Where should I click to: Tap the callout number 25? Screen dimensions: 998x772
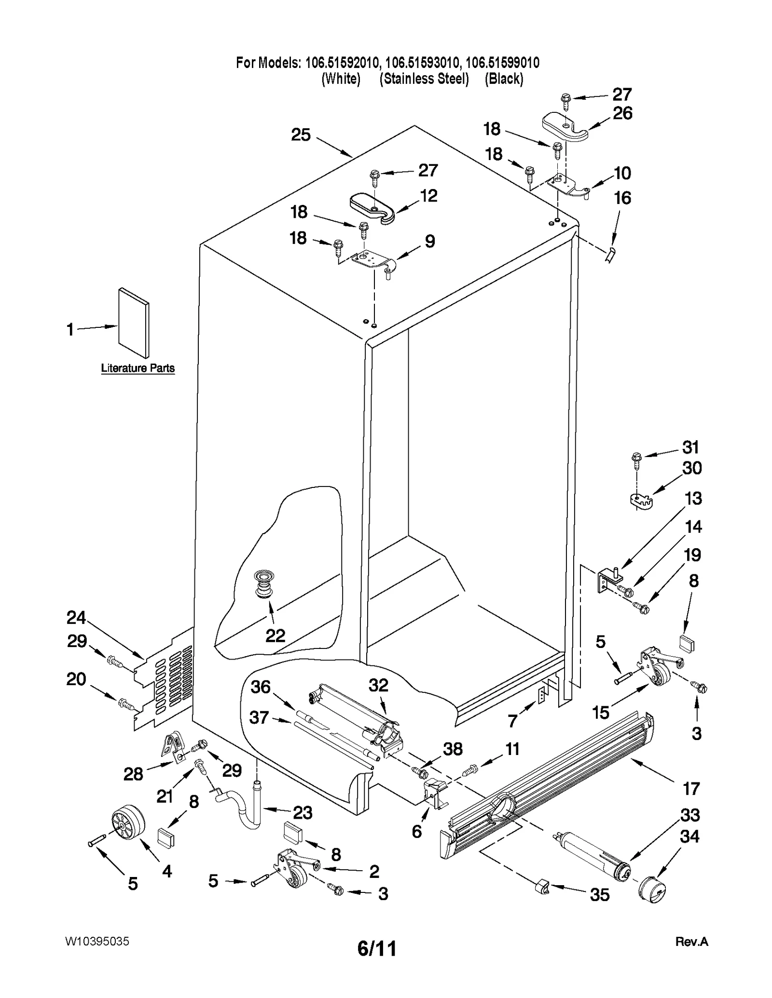[301, 135]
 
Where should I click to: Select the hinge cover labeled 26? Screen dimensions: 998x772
[564, 127]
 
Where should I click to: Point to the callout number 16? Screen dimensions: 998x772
[622, 198]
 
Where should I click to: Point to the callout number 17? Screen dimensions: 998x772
[690, 789]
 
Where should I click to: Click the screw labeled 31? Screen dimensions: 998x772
[636, 459]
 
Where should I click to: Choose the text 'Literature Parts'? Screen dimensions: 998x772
[138, 368]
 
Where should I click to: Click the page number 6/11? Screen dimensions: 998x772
[377, 948]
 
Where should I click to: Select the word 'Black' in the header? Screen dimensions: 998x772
[504, 79]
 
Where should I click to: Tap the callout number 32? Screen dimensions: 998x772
[378, 685]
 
